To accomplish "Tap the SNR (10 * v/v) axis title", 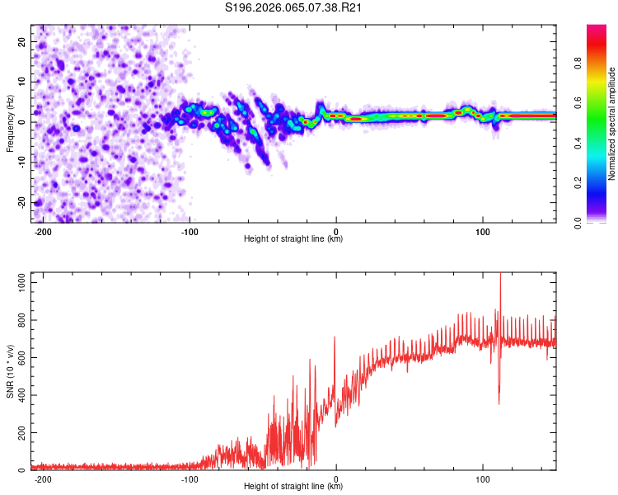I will tap(10, 371).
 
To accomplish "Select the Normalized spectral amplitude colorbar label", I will tap(612, 124).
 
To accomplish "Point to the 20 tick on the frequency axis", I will tap(22, 41).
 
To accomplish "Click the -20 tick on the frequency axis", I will tap(21, 202).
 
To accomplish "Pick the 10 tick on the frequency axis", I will tap(22, 82).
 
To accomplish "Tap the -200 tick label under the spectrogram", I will tap(43, 231).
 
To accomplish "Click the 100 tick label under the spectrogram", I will tap(483, 231).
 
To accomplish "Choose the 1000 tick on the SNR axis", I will tap(17, 282).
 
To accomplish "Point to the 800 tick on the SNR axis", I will tap(20, 320).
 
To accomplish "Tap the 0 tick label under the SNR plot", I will tap(336, 478).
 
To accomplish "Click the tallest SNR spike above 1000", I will tap(500, 277).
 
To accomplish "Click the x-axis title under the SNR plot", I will tap(294, 487).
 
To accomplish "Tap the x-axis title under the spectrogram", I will tap(294, 239).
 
